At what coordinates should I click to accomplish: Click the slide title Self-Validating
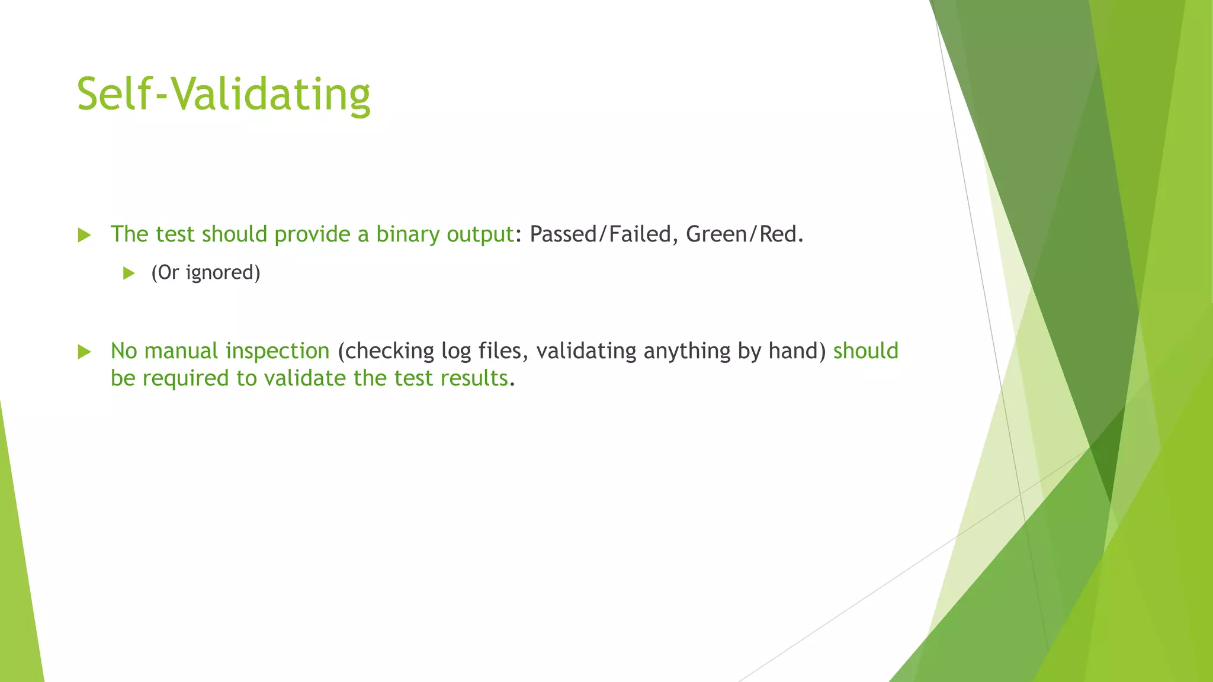point(223,95)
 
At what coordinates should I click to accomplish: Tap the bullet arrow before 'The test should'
point(84,235)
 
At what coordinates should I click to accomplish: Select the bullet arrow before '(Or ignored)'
point(129,273)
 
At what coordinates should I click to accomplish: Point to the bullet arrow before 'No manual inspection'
point(84,352)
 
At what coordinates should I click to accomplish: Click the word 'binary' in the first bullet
point(407,234)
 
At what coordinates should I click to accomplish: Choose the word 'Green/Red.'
point(745,234)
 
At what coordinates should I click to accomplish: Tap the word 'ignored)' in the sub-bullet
point(223,272)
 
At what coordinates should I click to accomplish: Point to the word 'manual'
point(181,351)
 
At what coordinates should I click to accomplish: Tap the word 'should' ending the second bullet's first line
point(866,351)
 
